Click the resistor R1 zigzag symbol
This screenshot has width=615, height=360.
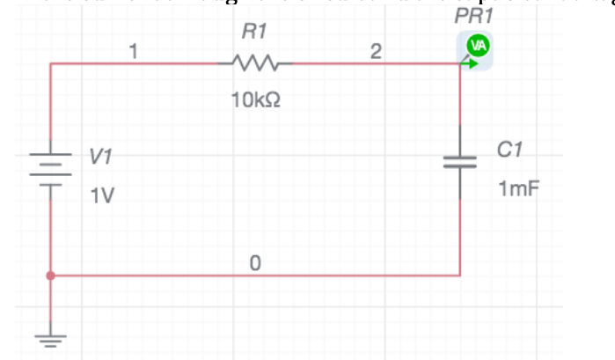[255, 63]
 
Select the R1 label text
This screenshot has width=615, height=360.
[254, 33]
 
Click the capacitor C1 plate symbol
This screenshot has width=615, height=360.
[460, 161]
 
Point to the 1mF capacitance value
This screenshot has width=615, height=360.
[515, 188]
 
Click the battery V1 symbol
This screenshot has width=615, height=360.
[51, 167]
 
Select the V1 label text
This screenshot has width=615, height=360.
[100, 157]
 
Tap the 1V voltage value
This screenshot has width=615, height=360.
[102, 195]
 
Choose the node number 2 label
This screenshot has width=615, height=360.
[376, 53]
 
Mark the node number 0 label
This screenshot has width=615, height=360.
[254, 263]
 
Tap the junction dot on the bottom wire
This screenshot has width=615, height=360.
[51, 276]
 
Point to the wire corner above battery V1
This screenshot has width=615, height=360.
[51, 63]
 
